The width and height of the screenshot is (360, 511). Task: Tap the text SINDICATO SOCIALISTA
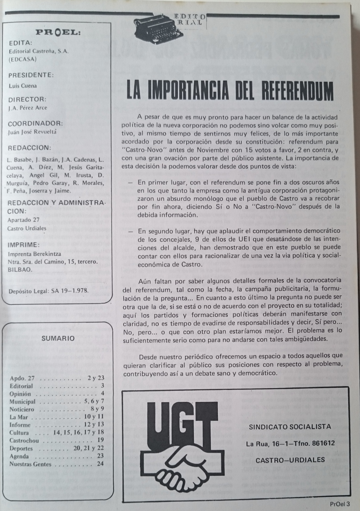[x=289, y=426]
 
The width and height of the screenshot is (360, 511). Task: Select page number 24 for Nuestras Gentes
[x=101, y=464]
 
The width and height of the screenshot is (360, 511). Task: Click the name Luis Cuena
[x=23, y=86]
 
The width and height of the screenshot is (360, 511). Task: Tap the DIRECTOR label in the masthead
[x=27, y=99]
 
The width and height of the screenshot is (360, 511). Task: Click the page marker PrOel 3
[x=338, y=504]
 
